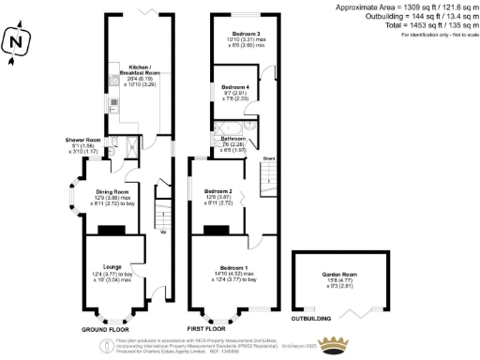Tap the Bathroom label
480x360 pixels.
click(233, 139)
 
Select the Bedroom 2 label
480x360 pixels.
click(218, 191)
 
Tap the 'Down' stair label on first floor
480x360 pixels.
click(269, 157)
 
